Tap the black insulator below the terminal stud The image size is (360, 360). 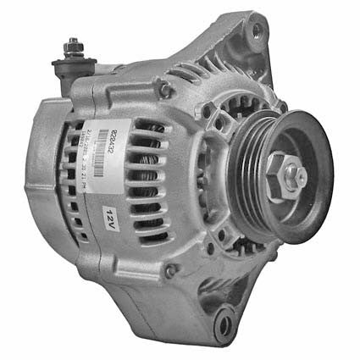click(x=73, y=65)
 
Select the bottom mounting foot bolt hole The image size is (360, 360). click(x=224, y=324)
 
